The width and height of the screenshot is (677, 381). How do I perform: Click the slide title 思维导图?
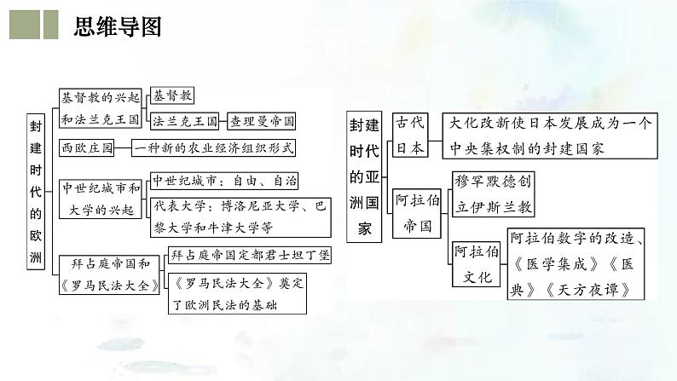(117, 26)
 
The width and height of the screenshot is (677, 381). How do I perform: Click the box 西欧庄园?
(88, 148)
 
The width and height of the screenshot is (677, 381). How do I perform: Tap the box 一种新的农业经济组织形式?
(214, 148)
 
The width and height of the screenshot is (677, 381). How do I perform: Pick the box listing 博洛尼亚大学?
(240, 217)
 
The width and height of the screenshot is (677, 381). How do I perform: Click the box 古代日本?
(409, 135)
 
